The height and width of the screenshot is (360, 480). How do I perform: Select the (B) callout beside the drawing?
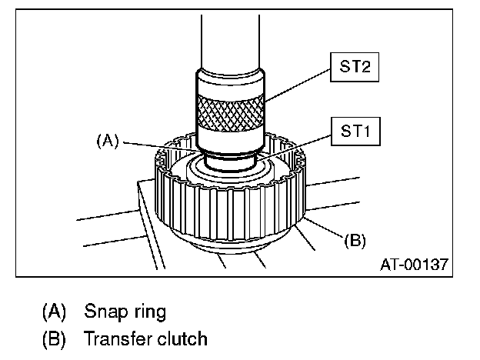(x=355, y=240)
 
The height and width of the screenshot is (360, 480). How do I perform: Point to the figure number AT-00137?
(x=415, y=264)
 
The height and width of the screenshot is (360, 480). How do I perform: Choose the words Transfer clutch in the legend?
(x=145, y=338)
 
